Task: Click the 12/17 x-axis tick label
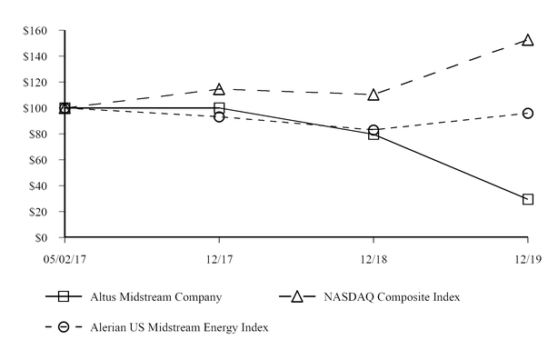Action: (219, 259)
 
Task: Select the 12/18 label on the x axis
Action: (374, 259)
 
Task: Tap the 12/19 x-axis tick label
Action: (527, 259)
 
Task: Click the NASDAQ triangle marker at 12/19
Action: (528, 40)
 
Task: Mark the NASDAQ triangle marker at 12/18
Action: (374, 95)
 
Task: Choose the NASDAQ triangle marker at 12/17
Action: (219, 89)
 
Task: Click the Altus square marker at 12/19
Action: (528, 199)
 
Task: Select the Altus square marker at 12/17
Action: (219, 108)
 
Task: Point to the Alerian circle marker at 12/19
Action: (528, 114)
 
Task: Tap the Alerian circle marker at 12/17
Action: (219, 117)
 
